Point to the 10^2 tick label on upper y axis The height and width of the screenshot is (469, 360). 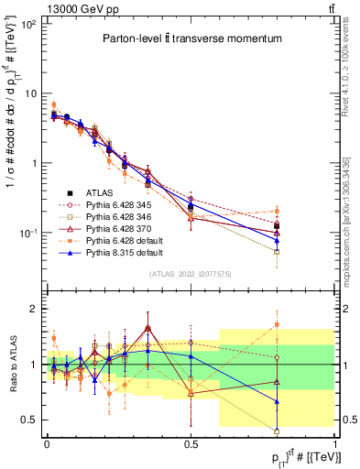point(27,25)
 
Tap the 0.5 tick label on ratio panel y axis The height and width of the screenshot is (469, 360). point(27,420)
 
